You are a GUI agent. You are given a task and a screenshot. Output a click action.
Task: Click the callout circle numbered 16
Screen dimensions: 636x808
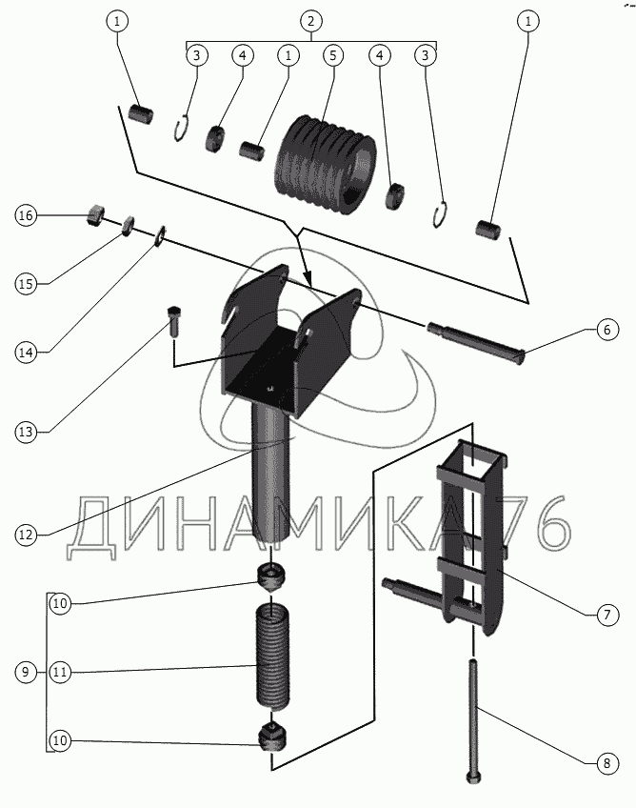coord(25,216)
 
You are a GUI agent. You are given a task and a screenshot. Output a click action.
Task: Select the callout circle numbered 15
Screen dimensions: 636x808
coord(25,283)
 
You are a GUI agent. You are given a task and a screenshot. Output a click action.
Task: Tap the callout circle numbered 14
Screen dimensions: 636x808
coord(25,353)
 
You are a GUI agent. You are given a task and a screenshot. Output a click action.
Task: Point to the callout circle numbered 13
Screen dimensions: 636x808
coord(25,432)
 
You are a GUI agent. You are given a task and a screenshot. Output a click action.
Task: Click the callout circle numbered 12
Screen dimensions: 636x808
coord(25,535)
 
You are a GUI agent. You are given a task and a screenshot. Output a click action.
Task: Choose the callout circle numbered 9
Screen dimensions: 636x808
coord(25,673)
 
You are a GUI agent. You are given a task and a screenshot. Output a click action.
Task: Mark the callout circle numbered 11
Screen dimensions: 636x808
coord(60,673)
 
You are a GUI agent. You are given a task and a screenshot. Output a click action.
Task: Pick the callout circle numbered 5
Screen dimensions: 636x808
coord(332,55)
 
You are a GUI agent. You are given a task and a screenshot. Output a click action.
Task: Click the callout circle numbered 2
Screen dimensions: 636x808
coord(310,20)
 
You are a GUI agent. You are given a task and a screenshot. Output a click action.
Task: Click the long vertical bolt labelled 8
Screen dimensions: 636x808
coord(473,719)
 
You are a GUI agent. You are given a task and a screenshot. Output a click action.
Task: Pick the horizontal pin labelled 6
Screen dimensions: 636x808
coord(476,342)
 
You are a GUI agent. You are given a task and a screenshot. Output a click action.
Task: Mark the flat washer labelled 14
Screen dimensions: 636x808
coord(161,232)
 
